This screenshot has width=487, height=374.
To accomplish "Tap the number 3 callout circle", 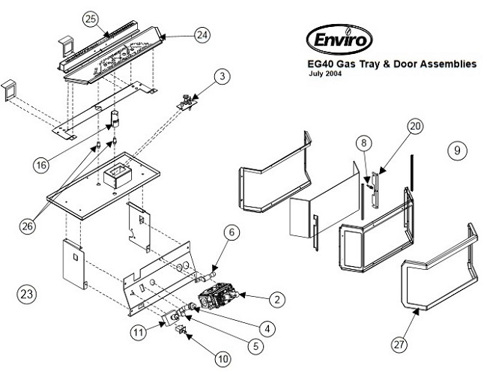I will pos(222,76).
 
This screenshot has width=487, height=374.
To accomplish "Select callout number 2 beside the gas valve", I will pos(276,300).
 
